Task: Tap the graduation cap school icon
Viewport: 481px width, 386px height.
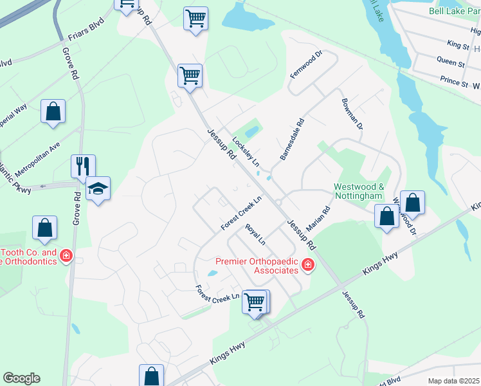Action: [98, 188]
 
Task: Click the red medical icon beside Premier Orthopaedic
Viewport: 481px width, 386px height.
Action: [308, 265]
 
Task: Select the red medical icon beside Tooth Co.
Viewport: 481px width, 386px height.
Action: [66, 257]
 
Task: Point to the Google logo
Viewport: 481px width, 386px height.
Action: [21, 378]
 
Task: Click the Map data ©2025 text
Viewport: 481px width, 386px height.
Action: [454, 381]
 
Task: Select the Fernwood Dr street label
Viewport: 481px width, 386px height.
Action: [305, 64]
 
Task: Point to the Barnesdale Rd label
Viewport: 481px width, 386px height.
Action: [291, 139]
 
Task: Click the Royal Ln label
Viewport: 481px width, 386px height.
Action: [255, 234]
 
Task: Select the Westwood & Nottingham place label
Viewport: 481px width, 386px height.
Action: [358, 191]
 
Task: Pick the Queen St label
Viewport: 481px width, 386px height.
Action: [451, 63]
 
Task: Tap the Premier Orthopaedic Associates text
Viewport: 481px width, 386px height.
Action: [261, 266]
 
